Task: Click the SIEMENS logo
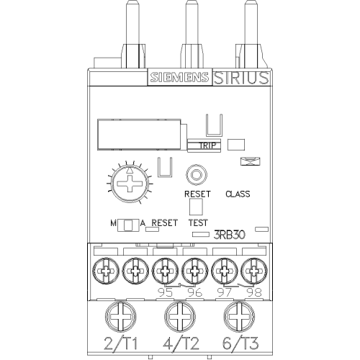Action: [x=179, y=77]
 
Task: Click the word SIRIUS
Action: [x=241, y=78]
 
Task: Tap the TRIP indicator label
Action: [x=207, y=145]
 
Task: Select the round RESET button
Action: [x=197, y=175]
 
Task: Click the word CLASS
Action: [x=238, y=194]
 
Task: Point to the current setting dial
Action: [x=130, y=184]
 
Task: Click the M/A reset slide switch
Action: [x=128, y=225]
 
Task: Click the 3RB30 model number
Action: [x=229, y=235]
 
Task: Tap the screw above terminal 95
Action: [x=165, y=271]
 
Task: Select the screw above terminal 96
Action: [x=195, y=271]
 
